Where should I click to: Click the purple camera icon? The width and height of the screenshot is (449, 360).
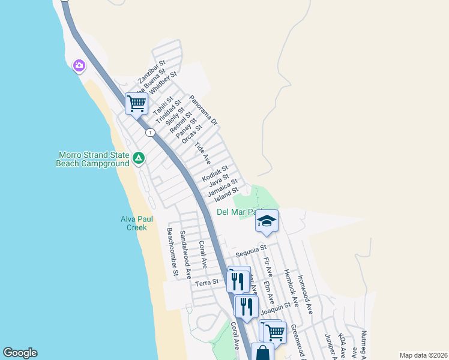coord(79,65)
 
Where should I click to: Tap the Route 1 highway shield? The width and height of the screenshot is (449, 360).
coord(149,132)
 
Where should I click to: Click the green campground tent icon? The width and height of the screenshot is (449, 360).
coord(139,158)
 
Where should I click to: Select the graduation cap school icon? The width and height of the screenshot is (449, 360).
coord(267,221)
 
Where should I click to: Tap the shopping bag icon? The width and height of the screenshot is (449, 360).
coord(262,353)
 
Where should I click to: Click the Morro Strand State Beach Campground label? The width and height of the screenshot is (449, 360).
coord(93,159)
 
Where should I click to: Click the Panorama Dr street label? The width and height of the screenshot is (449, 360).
coord(203,110)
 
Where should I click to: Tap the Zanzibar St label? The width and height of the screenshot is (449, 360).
coord(151,72)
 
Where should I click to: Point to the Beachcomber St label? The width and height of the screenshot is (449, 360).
coord(173,252)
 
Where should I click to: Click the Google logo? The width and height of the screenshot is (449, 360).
coord(20,353)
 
